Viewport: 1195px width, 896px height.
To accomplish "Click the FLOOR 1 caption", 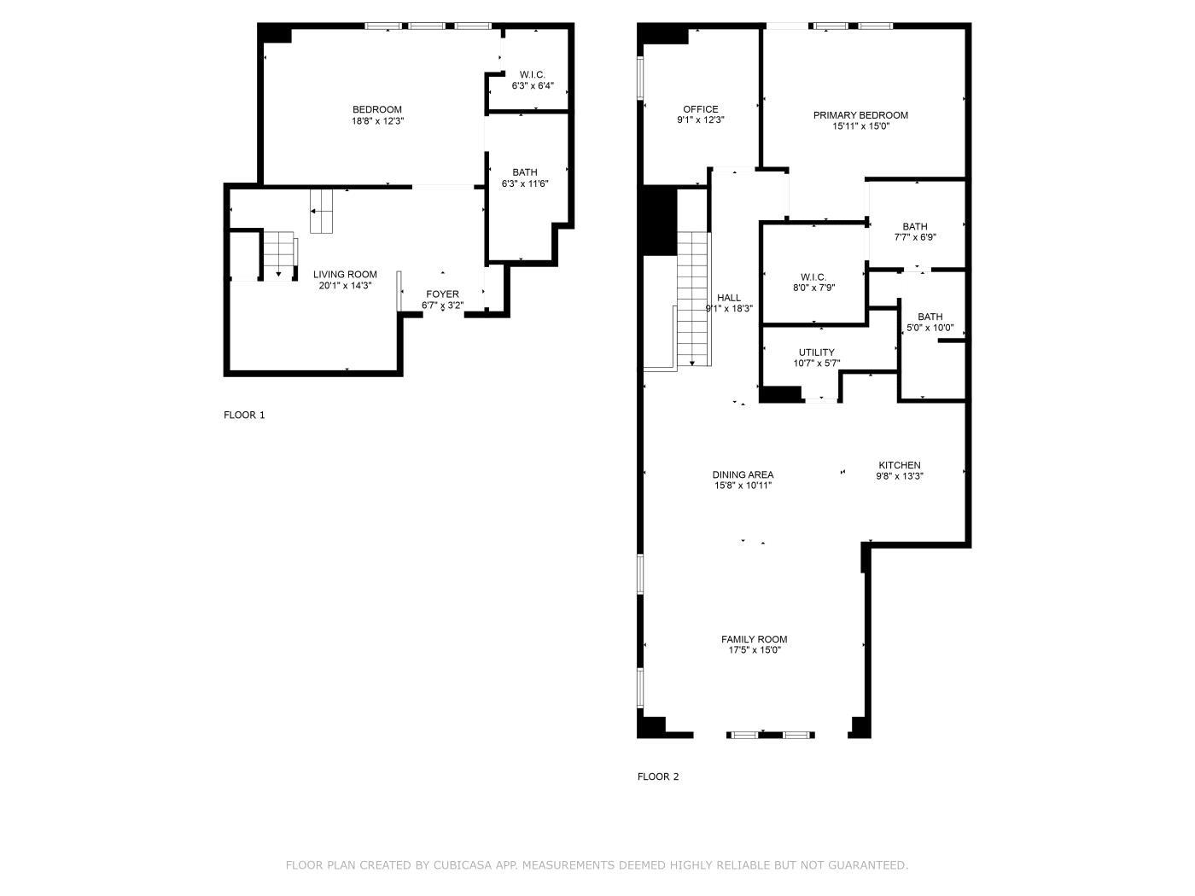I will pyautogui.click(x=244, y=415).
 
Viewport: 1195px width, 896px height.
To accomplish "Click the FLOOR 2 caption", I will pyautogui.click(x=658, y=777).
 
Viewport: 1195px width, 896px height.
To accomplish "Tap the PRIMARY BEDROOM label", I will pyautogui.click(x=860, y=115).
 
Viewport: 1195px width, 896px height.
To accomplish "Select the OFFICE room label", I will pyautogui.click(x=700, y=109).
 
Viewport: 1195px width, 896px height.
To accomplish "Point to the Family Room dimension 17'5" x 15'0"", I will pyautogui.click(x=754, y=650).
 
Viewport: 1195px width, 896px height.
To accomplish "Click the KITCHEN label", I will pyautogui.click(x=900, y=465).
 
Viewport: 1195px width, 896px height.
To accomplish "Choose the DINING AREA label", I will pyautogui.click(x=743, y=474).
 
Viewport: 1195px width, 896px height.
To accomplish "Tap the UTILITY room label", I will pyautogui.click(x=817, y=352).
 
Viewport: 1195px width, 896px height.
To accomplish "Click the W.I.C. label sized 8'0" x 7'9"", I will pyautogui.click(x=813, y=277).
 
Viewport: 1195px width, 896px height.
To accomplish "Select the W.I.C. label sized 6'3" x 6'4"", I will pyautogui.click(x=533, y=75).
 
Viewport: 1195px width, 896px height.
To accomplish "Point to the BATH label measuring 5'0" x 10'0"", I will pyautogui.click(x=930, y=317).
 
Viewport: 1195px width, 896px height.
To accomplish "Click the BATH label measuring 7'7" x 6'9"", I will pyautogui.click(x=915, y=227).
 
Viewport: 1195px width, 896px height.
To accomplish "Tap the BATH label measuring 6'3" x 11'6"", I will pyautogui.click(x=525, y=172).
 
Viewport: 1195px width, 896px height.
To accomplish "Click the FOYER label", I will pyautogui.click(x=442, y=294).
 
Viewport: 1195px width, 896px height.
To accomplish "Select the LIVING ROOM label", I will pyautogui.click(x=345, y=275).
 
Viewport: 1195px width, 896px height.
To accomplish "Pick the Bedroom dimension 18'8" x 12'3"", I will pyautogui.click(x=377, y=121).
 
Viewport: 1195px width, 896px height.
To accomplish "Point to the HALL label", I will pyautogui.click(x=729, y=298).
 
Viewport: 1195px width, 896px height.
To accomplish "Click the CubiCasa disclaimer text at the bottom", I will pyautogui.click(x=597, y=865).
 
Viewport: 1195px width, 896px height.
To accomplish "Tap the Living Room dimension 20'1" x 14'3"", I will pyautogui.click(x=345, y=286).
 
